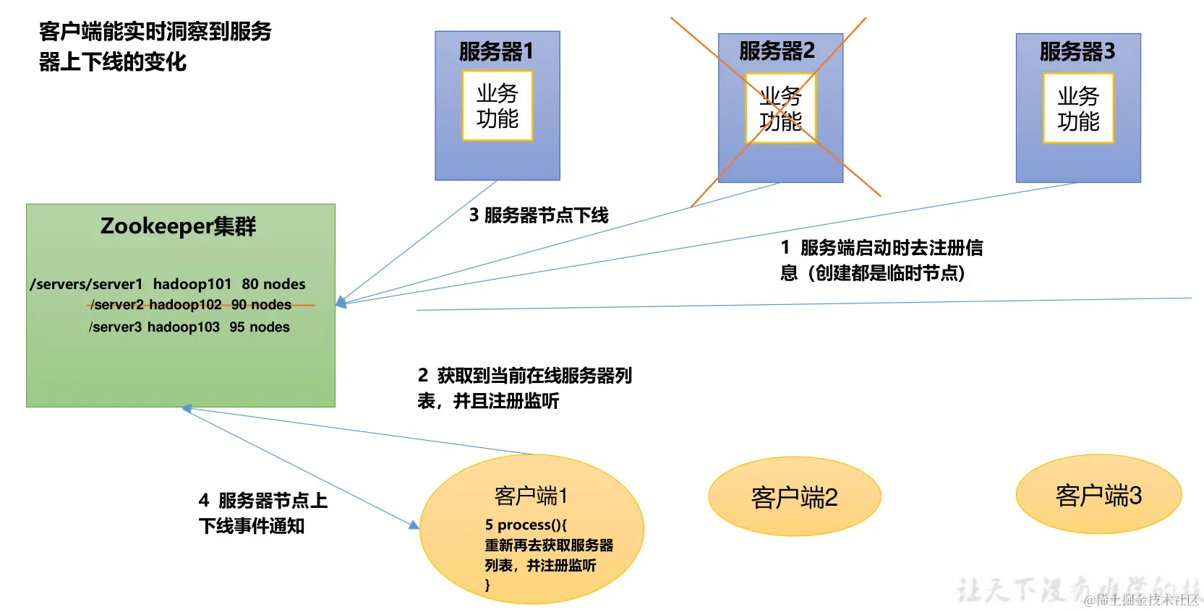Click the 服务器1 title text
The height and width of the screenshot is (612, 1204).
pyautogui.click(x=496, y=51)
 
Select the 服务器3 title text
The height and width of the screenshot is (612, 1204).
pyautogui.click(x=1077, y=51)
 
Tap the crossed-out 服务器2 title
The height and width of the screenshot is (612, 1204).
pyautogui.click(x=777, y=51)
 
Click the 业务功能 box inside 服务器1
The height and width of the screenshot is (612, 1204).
pyautogui.click(x=498, y=105)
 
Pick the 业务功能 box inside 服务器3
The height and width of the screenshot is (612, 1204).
pyautogui.click(x=1078, y=108)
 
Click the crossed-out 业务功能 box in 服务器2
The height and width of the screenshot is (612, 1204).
pyautogui.click(x=780, y=108)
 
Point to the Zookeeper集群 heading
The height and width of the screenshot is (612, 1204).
pyautogui.click(x=178, y=226)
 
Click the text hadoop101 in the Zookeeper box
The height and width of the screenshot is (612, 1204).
pyautogui.click(x=192, y=284)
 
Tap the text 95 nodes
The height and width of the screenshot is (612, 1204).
pyautogui.click(x=260, y=327)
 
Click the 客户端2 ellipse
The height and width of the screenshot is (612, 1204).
pyautogui.click(x=794, y=497)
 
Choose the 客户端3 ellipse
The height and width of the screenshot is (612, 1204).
pyautogui.click(x=1098, y=495)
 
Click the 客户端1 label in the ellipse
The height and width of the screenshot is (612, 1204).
pyautogui.click(x=531, y=496)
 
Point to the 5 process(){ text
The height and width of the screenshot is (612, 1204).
pyautogui.click(x=526, y=525)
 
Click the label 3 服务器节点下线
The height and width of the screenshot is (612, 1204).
pyautogui.click(x=539, y=215)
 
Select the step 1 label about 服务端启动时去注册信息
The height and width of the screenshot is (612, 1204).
pyautogui.click(x=881, y=260)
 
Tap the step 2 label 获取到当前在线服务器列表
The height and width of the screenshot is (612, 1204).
pyautogui.click(x=524, y=388)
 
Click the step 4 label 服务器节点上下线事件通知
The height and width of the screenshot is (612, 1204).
pyautogui.click(x=262, y=513)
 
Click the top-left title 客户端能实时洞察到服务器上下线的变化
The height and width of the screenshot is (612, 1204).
pyautogui.click(x=155, y=46)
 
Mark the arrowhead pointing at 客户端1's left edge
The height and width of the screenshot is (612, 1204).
pyautogui.click(x=414, y=525)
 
